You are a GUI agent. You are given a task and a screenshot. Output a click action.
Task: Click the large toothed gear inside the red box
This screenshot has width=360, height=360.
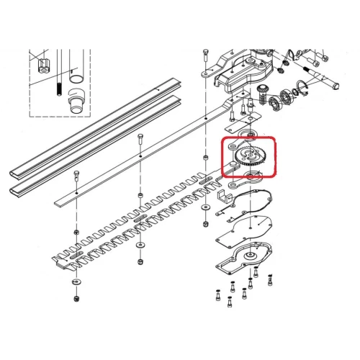(x=249, y=156)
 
